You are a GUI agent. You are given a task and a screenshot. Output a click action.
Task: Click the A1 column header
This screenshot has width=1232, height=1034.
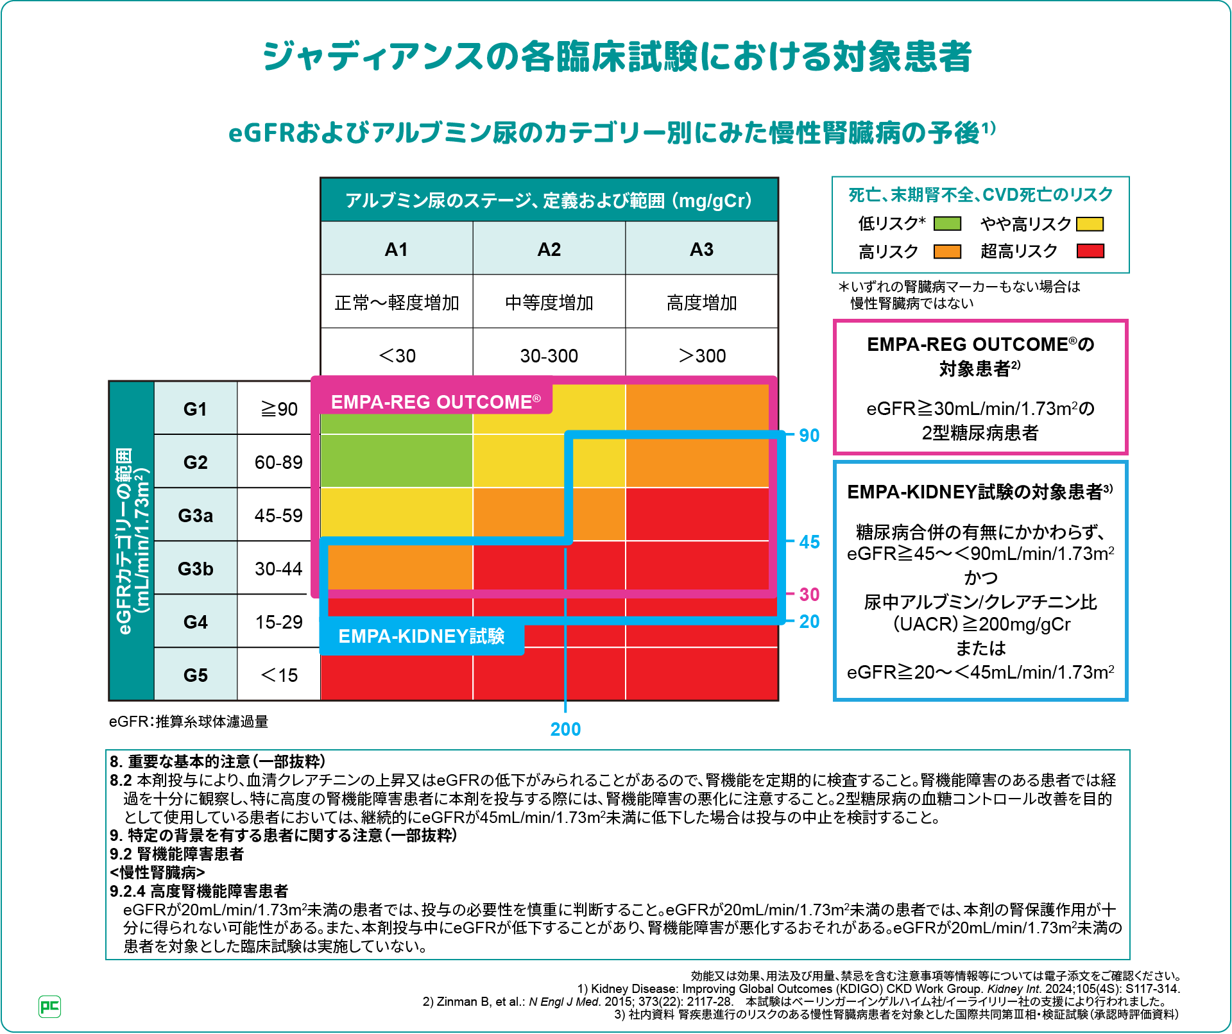(397, 249)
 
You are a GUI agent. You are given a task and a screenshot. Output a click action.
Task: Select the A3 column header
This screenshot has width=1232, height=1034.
(701, 249)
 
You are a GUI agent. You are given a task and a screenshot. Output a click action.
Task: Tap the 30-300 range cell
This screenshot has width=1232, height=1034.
(549, 355)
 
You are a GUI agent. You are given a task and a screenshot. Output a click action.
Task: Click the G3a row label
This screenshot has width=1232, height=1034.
(195, 515)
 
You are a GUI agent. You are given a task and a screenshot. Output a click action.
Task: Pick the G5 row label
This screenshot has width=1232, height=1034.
(195, 675)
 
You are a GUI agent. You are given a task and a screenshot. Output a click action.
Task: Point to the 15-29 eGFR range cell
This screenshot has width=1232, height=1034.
(278, 622)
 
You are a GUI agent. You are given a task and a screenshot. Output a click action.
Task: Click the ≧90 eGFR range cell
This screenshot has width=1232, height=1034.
(278, 409)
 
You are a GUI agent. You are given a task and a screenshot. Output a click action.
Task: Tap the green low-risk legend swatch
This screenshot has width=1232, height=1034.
(947, 223)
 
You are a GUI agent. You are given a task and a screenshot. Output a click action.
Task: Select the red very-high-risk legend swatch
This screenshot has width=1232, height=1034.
(1090, 251)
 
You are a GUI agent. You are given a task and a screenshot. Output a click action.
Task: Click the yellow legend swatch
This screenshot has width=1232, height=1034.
(1090, 224)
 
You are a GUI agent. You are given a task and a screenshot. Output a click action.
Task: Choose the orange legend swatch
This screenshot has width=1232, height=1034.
(947, 251)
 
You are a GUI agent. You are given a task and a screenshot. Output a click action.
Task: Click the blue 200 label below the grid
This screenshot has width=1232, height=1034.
(565, 729)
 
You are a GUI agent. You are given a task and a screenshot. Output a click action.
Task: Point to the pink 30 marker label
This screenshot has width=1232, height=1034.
(809, 595)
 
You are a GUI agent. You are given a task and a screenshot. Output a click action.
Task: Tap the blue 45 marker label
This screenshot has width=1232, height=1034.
(809, 542)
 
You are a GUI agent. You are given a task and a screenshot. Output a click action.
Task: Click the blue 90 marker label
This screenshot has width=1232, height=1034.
(809, 436)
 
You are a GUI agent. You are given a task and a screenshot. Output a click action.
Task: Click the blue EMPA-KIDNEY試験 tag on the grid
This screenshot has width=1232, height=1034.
(422, 636)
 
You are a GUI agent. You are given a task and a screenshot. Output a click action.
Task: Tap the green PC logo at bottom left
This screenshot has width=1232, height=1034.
(49, 1006)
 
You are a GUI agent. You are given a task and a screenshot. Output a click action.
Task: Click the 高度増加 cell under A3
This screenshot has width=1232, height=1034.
(701, 302)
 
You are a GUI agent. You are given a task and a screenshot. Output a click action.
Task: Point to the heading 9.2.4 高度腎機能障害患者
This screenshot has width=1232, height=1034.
(199, 891)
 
